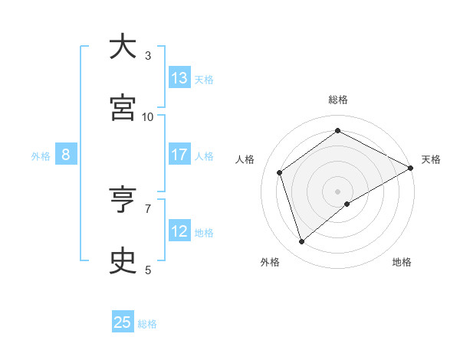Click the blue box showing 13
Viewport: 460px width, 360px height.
pos(179,77)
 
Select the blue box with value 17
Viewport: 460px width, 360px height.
pos(179,155)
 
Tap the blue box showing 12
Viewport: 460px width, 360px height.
pos(179,231)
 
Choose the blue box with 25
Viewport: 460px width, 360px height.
pos(123,322)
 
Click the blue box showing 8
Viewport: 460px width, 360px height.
pos(66,155)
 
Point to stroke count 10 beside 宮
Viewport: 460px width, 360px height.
pos(148,116)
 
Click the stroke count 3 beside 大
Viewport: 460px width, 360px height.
pos(148,55)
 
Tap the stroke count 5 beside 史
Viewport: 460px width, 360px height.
pos(148,270)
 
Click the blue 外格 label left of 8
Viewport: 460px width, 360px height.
pos(41,155)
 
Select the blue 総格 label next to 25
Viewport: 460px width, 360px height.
pos(147,323)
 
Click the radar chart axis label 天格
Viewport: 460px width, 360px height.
pos(431,159)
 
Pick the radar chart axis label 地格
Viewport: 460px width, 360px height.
pos(402,262)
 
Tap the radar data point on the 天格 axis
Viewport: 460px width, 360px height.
pos(411,169)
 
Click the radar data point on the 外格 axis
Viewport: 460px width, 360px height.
pos(302,242)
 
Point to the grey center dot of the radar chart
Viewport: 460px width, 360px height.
pos(337,190)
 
